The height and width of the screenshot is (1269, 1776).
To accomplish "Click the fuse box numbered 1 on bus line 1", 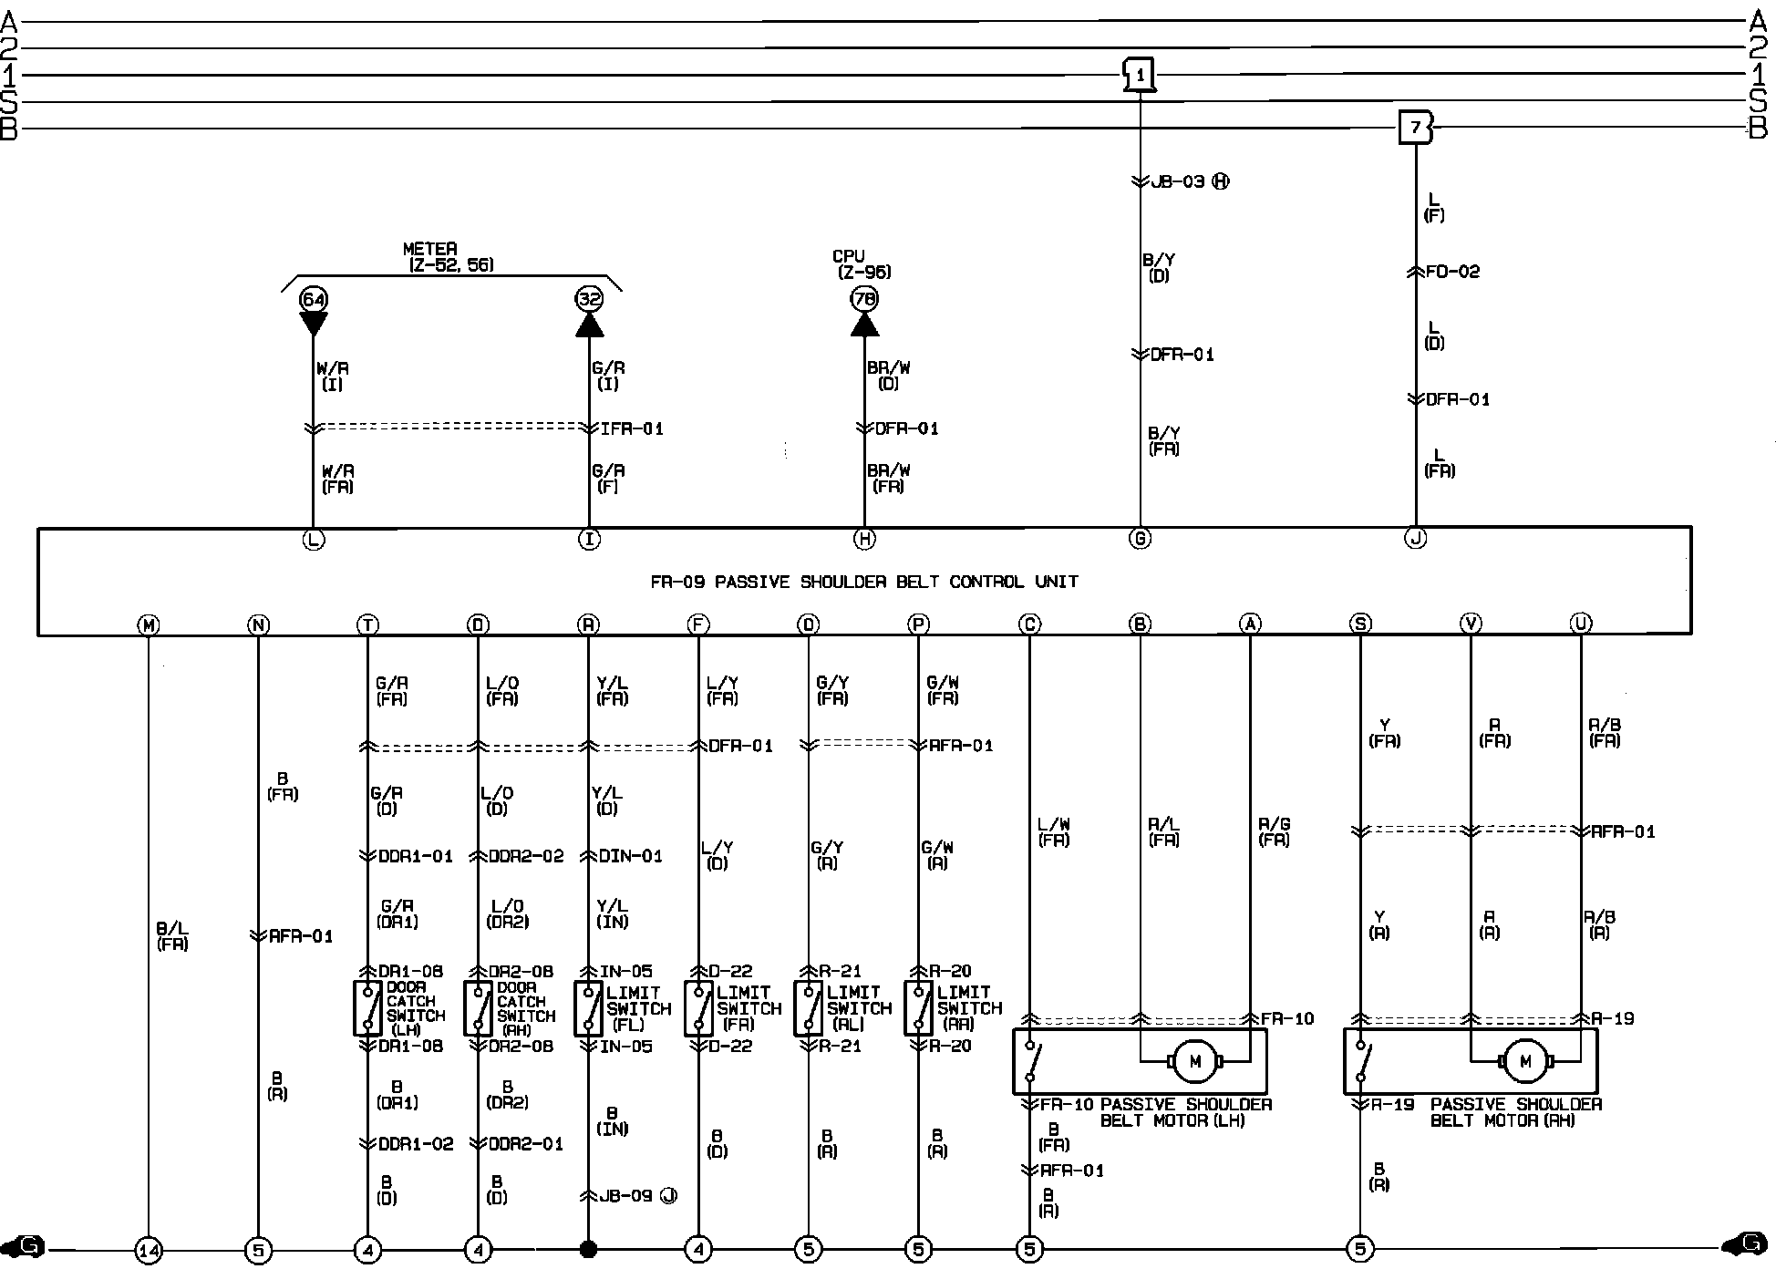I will coord(1140,76).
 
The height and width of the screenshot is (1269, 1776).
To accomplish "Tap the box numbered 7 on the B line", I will coord(1415,128).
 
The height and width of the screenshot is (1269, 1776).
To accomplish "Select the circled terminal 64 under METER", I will coord(313,299).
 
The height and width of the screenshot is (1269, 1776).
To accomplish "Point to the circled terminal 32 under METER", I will coord(589,299).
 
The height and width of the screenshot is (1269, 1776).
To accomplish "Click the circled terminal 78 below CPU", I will coord(864,299).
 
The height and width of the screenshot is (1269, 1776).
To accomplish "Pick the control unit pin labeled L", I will coord(313,540).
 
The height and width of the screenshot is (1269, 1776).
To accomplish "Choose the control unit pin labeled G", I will coord(1140,539).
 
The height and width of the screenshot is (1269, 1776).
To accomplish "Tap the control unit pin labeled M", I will coord(148,624).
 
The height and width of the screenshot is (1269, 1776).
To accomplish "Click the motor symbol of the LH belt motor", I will coord(1194,1060).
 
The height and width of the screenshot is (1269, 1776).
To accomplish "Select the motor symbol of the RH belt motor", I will coord(1525,1060).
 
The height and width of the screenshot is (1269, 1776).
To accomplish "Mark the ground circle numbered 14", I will coord(148,1249).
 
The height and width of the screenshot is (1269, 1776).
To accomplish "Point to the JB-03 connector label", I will coord(1178,181).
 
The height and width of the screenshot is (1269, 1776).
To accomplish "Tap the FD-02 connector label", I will coord(1452,272).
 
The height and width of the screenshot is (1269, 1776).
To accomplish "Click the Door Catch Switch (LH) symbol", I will coord(367,1008).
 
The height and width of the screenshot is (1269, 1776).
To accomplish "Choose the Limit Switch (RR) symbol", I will coord(917,1008).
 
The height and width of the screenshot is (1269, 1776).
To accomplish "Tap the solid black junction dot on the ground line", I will coord(588,1249).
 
